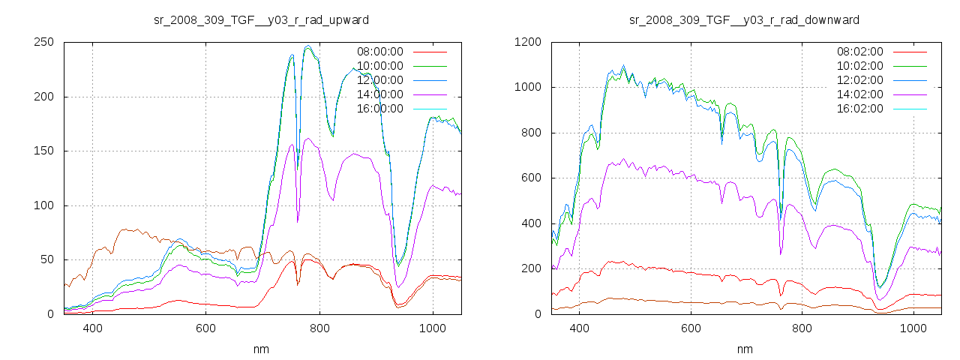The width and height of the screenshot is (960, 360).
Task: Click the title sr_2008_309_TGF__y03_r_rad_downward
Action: tap(744, 19)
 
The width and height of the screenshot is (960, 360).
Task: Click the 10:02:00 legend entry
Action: tap(859, 66)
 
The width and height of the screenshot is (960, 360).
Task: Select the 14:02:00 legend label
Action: tap(859, 94)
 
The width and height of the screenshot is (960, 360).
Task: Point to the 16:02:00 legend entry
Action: tap(859, 109)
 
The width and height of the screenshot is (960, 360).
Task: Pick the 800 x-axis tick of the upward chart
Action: tap(319, 328)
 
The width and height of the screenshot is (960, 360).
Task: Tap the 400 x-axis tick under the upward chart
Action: tap(92, 328)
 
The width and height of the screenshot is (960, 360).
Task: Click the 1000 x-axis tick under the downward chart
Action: tap(913, 328)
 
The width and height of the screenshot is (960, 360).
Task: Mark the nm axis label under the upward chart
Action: tap(261, 349)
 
